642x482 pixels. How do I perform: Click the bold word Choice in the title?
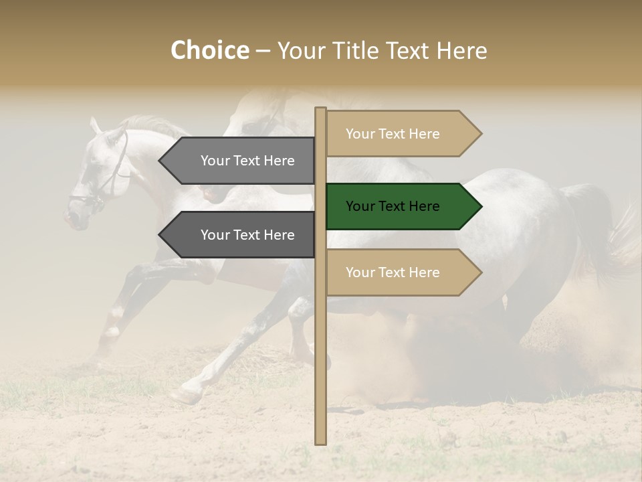pyautogui.click(x=209, y=50)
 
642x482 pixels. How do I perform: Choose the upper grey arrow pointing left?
pyautogui.click(x=237, y=161)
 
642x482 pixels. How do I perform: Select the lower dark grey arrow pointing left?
pyautogui.click(x=237, y=235)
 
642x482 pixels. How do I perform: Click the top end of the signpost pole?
pyautogui.click(x=320, y=110)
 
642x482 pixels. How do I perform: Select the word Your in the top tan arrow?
pyautogui.click(x=360, y=134)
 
